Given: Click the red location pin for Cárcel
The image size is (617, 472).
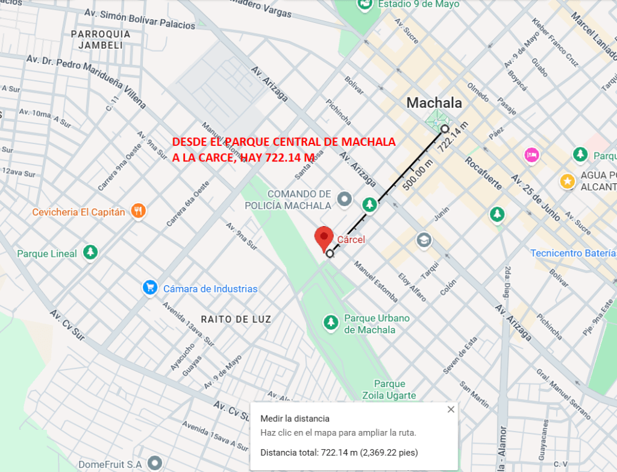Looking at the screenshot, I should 324,238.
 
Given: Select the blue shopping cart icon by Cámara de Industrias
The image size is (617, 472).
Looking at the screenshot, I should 150,288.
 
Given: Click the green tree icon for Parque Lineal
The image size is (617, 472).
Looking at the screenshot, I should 90,252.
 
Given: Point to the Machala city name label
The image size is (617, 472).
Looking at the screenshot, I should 434,102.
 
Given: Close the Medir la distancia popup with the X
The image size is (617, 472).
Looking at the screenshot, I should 451,410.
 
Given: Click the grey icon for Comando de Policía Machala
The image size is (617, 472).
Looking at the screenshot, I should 345,198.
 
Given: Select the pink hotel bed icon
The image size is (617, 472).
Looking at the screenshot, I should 531,155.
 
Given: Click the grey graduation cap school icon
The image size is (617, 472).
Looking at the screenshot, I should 424,240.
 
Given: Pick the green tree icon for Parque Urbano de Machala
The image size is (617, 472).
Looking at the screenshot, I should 331,323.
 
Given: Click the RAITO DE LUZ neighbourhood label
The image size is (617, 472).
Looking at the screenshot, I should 236,319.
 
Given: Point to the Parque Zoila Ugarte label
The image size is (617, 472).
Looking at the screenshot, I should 389,389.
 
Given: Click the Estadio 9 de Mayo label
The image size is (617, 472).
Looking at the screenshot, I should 418,4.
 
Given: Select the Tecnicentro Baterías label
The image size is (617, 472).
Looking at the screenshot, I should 573,253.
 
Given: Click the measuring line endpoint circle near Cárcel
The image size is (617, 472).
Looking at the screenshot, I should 330,254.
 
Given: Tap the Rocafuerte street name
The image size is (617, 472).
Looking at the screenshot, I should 483,173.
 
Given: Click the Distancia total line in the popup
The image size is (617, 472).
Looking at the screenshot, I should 339,452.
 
